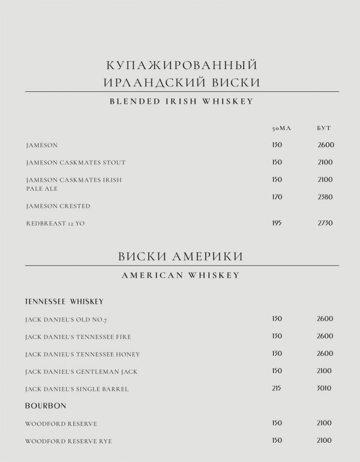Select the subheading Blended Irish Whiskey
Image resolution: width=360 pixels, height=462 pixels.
click(181, 101)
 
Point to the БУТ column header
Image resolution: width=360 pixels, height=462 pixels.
click(324, 128)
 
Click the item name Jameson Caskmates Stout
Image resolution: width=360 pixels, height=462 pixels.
click(76, 163)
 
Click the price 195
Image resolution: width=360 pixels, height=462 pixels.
click(277, 223)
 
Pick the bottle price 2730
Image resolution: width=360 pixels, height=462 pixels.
click(325, 223)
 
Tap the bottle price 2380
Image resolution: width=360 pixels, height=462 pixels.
click(325, 197)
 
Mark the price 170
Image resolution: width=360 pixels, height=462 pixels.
click(277, 197)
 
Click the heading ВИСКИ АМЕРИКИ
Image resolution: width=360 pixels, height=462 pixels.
click(181, 256)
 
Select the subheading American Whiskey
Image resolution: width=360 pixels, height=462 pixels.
click(181, 275)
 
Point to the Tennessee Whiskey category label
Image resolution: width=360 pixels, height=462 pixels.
click(64, 301)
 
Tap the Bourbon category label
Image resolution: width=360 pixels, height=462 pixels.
click(46, 406)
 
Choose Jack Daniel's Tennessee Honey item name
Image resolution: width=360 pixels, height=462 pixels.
click(82, 354)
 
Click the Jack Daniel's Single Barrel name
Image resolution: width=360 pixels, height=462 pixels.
click(77, 389)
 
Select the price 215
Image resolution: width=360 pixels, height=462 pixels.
click(277, 388)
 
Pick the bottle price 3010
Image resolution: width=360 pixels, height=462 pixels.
click(325, 388)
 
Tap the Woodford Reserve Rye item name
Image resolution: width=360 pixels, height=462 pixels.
click(68, 441)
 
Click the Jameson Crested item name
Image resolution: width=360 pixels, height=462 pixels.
click(58, 206)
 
